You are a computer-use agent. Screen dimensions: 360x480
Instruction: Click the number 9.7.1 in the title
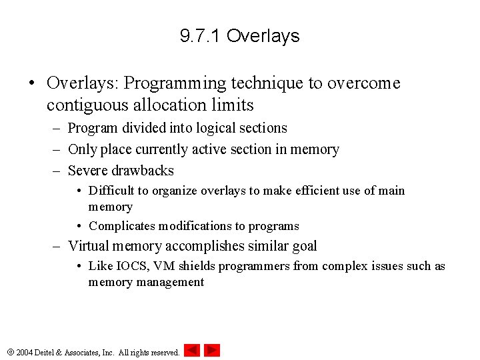[201, 36]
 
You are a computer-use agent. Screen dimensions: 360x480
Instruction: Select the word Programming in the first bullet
[175, 83]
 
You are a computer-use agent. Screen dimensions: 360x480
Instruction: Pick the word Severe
[88, 171]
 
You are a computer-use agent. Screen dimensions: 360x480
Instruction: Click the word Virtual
[90, 246]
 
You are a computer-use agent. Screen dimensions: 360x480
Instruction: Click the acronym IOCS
[133, 267]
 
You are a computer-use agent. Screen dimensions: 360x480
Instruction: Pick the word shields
[195, 267]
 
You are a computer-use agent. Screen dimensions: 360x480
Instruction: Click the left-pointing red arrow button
[192, 350]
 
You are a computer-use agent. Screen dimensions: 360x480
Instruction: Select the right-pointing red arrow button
[212, 350]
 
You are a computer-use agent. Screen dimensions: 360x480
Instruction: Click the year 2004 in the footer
[25, 352]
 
